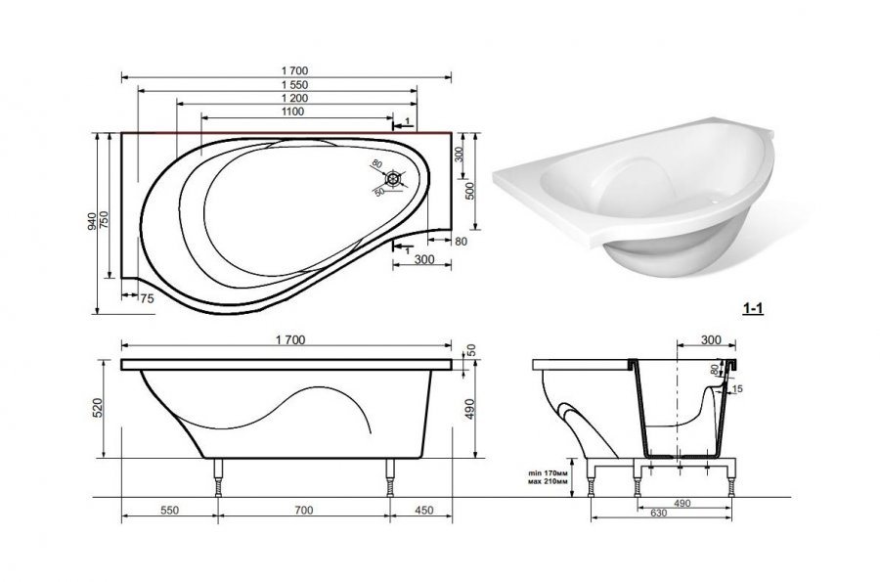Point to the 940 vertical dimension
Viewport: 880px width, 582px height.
[92, 222]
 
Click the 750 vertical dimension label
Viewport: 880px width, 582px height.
[104, 218]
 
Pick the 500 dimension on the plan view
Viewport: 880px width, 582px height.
[470, 191]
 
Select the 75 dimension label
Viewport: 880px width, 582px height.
[147, 299]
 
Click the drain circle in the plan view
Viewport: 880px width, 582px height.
[395, 179]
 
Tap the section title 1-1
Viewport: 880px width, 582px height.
[753, 308]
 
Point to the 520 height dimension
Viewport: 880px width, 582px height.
[97, 407]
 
